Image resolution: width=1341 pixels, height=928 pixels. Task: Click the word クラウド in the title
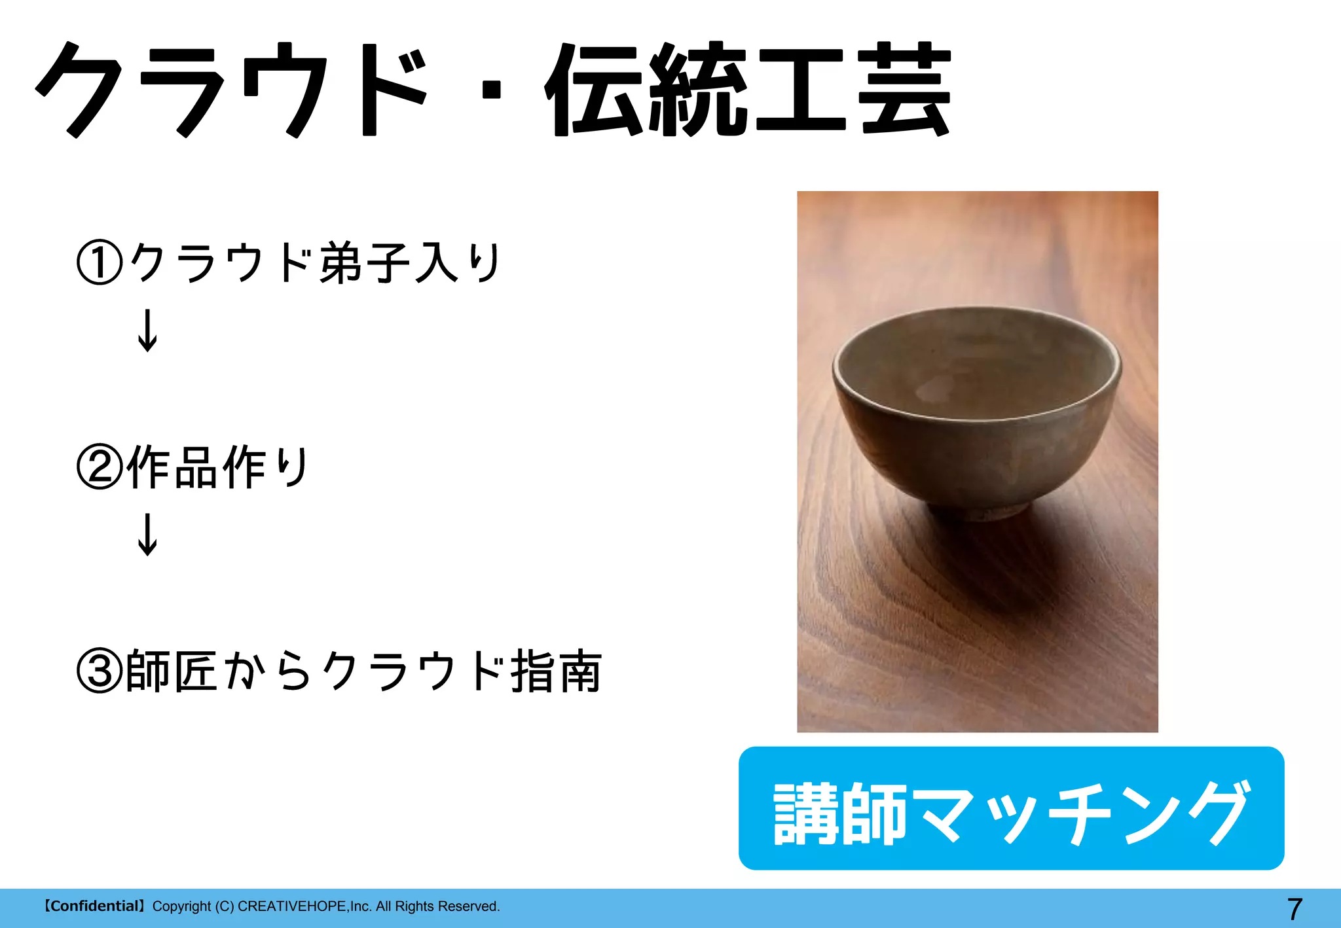232,90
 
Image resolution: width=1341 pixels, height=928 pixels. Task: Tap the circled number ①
100,263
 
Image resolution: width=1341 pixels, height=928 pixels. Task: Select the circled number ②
100,467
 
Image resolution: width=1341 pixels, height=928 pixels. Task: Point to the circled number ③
100,671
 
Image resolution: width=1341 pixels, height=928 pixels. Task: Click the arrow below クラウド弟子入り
147,330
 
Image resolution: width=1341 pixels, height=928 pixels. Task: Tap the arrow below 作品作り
147,535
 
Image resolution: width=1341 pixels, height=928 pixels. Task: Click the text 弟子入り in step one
410,263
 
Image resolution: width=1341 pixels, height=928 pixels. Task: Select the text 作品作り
217,467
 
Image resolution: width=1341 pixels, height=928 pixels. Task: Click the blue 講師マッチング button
1011,808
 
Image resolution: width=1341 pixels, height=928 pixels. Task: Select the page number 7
1295,909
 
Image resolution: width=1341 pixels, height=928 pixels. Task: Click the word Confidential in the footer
94,906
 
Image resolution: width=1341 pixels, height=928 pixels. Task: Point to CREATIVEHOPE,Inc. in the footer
304,906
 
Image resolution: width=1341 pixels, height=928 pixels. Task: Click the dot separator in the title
490,90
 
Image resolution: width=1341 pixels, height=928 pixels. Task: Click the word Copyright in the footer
181,906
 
